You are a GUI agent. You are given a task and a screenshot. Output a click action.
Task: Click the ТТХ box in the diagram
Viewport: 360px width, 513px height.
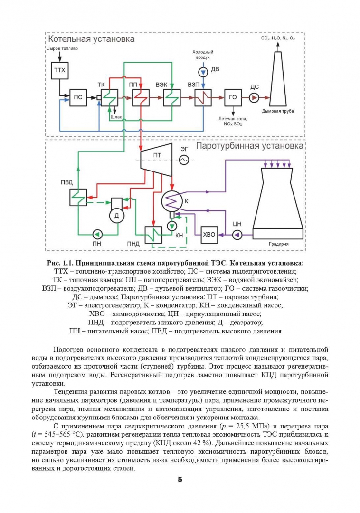[x=60, y=70]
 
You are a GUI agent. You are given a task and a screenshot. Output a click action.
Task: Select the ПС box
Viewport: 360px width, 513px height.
[x=78, y=97]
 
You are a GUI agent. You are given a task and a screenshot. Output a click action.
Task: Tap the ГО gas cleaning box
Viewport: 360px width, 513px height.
[x=233, y=97]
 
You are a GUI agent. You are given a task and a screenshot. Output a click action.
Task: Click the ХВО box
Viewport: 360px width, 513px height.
[x=209, y=235]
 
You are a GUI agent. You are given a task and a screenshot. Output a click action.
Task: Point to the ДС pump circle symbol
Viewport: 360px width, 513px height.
[x=254, y=97]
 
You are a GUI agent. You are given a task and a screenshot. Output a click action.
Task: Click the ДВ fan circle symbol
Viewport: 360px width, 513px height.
[x=203, y=72]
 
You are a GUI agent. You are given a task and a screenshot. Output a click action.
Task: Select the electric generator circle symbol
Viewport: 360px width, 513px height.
[x=184, y=160]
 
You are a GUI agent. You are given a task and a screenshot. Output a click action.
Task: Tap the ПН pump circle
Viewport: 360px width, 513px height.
[x=97, y=235]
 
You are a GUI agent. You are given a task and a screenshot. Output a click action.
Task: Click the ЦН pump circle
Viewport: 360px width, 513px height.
[x=237, y=235]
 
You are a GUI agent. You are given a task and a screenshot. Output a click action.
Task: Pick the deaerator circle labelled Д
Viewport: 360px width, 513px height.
[x=116, y=216]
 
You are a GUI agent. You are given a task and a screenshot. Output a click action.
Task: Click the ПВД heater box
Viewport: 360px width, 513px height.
[x=78, y=197]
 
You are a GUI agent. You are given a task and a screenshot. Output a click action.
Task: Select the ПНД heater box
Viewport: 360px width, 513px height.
[x=154, y=235]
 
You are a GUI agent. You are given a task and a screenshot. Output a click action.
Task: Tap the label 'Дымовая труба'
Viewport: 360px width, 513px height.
[x=278, y=111]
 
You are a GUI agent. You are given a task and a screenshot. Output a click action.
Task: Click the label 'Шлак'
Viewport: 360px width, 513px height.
[x=116, y=117]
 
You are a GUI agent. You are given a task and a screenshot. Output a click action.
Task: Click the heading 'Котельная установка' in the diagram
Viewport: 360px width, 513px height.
[x=92, y=39]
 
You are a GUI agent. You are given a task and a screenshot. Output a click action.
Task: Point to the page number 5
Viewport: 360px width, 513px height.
[x=180, y=480]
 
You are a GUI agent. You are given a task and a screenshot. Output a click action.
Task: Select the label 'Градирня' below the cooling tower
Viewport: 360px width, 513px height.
[x=279, y=244]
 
